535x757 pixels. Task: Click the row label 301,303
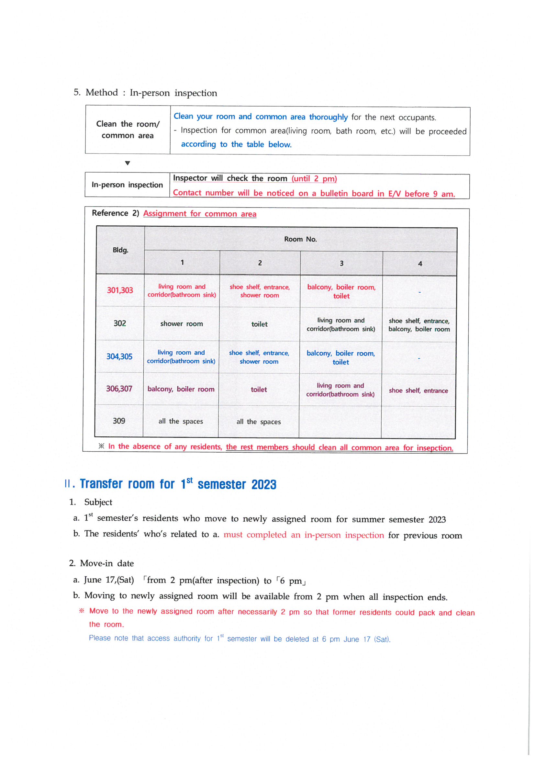coord(120,290)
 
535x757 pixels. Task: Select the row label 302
coord(120,323)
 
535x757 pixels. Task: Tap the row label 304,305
coord(119,356)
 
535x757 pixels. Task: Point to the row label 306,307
coord(119,389)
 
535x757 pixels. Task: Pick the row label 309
coord(119,421)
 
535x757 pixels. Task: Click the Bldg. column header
coord(120,250)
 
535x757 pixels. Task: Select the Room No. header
coord(300,239)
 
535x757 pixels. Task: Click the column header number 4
coord(420,264)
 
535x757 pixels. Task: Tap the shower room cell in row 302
coord(181,324)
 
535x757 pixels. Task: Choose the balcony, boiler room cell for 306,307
coord(181,389)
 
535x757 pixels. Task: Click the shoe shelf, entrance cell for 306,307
coord(418,390)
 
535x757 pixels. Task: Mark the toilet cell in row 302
coord(260,324)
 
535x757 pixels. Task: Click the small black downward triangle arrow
coord(128,163)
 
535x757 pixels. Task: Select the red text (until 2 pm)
coord(314,179)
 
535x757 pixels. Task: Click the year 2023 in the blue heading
coord(264,485)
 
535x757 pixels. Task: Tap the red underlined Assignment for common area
coord(199,214)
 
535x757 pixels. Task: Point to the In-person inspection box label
coord(127,185)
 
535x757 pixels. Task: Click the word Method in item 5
coord(102,92)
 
